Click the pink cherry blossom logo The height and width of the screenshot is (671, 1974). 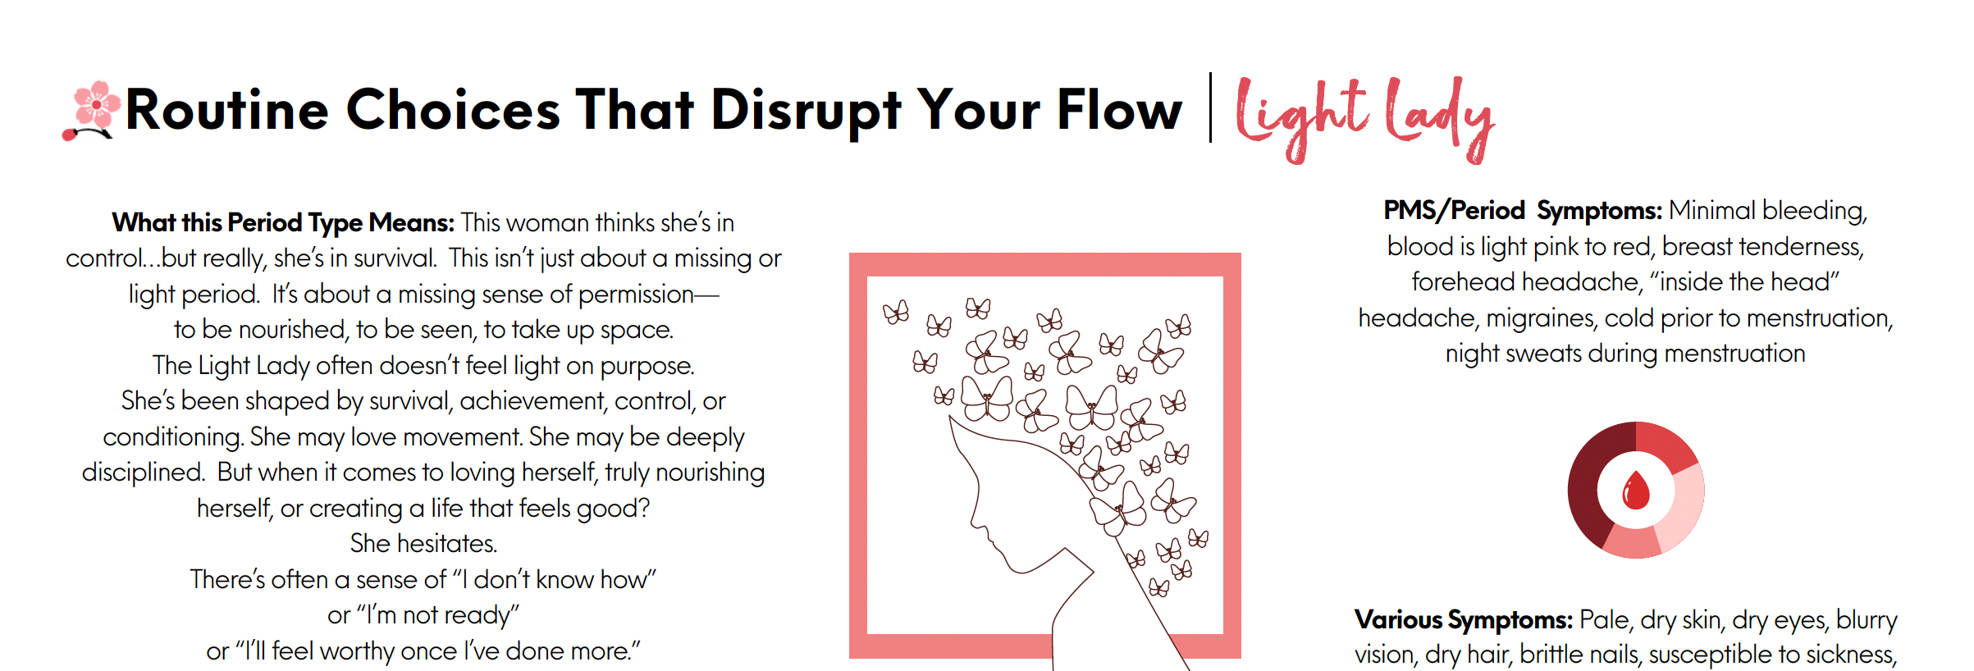pyautogui.click(x=89, y=111)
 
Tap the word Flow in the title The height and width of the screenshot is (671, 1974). pyautogui.click(x=1120, y=109)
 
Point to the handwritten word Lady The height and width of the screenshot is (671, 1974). pyautogui.click(x=1440, y=119)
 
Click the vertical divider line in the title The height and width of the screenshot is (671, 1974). pyautogui.click(x=1210, y=107)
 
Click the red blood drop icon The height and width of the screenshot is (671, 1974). pyautogui.click(x=1636, y=491)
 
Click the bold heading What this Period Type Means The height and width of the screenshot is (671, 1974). pyautogui.click(x=283, y=222)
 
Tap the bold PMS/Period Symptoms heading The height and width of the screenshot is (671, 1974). pyautogui.click(x=1523, y=211)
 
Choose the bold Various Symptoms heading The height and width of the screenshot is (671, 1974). pyautogui.click(x=1464, y=619)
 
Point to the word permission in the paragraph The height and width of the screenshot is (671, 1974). pyautogui.click(x=636, y=294)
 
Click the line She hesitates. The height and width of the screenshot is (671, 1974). pyautogui.click(x=423, y=543)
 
